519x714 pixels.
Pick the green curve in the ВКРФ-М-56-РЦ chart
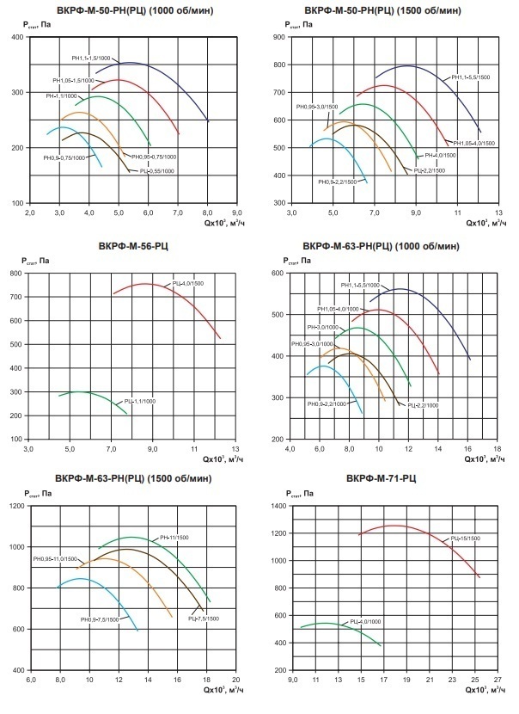(x=82, y=392)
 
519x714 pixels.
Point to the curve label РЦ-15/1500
(x=466, y=539)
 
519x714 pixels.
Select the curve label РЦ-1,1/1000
(x=139, y=401)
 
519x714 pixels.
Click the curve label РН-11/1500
(x=175, y=539)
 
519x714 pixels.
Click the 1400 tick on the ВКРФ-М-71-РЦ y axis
(x=281, y=506)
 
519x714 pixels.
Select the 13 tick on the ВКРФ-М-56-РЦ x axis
(x=235, y=448)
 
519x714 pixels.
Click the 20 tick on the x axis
(x=235, y=680)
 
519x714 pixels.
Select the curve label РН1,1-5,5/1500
(x=472, y=78)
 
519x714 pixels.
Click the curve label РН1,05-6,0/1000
(x=337, y=309)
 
